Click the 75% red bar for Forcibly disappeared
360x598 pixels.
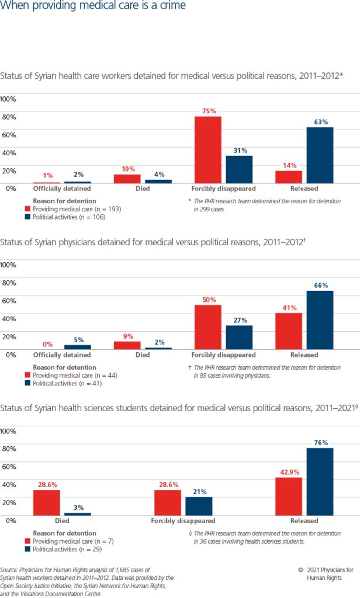pos(208,149)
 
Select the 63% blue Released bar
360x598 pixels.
pos(320,155)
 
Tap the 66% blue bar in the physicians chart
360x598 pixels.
pos(320,319)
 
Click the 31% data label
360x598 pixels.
pos(240,150)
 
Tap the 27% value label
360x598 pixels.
pos(240,320)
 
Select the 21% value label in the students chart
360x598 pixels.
pos(199,492)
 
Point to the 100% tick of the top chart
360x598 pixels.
pos(9,99)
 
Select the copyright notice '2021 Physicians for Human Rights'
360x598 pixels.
pos(330,573)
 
